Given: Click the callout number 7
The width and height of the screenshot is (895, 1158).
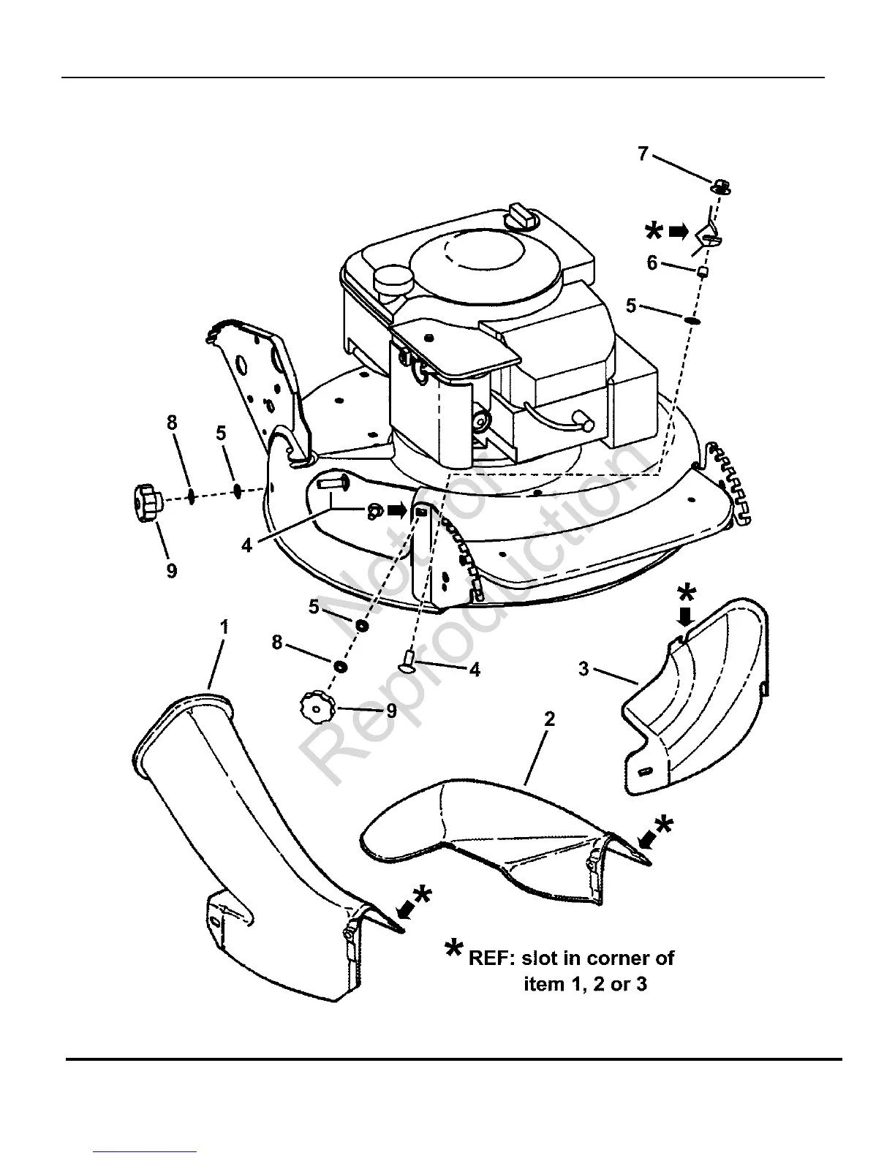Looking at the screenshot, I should [x=643, y=155].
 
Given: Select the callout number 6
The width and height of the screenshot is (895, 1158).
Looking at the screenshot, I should [x=652, y=263].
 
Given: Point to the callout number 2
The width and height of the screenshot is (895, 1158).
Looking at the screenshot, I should [x=549, y=719].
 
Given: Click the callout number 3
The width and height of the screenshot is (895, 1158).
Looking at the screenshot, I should [x=584, y=669].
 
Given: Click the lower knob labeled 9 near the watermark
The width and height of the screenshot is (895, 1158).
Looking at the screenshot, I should [x=316, y=708].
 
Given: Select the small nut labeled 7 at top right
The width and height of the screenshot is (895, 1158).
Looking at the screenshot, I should [x=718, y=186].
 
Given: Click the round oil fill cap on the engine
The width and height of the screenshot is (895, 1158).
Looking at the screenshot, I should [x=393, y=280].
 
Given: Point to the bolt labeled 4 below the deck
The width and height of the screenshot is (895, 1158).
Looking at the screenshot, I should [x=408, y=662].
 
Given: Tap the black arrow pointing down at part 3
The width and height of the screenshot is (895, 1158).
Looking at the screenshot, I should [x=684, y=618].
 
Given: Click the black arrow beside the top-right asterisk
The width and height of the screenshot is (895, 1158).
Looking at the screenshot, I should [x=679, y=232].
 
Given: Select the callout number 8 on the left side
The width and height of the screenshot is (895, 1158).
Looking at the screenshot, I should [x=173, y=423].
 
